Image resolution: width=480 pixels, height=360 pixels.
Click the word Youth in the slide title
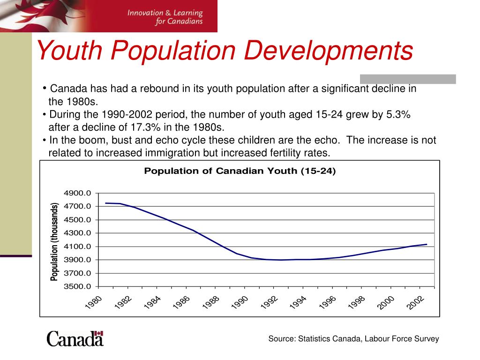pos(68,51)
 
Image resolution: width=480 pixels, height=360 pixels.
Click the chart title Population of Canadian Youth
pos(240,171)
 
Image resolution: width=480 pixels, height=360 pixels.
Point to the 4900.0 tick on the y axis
pos(77,193)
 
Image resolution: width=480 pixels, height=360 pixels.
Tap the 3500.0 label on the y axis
pos(77,286)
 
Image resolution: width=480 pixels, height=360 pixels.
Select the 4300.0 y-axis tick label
pos(77,233)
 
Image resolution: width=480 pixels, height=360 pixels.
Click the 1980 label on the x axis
pos(94,302)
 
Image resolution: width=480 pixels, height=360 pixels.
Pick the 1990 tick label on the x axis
pos(239,302)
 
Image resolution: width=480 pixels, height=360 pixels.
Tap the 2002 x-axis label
pos(415,302)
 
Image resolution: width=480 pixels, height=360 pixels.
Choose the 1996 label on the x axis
pos(327,302)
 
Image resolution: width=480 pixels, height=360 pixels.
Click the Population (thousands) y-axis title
pos(54,242)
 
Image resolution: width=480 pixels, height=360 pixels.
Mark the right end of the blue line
pos(427,244)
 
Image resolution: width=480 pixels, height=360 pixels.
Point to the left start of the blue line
pos(106,203)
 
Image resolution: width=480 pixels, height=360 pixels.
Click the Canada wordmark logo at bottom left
pos(75,338)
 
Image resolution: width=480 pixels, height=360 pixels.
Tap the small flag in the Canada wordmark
pos(98,334)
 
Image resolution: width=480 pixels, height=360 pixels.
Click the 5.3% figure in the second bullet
pos(398,115)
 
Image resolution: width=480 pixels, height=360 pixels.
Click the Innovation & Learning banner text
pos(165,16)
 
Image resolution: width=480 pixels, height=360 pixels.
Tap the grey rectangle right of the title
pos(408,79)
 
